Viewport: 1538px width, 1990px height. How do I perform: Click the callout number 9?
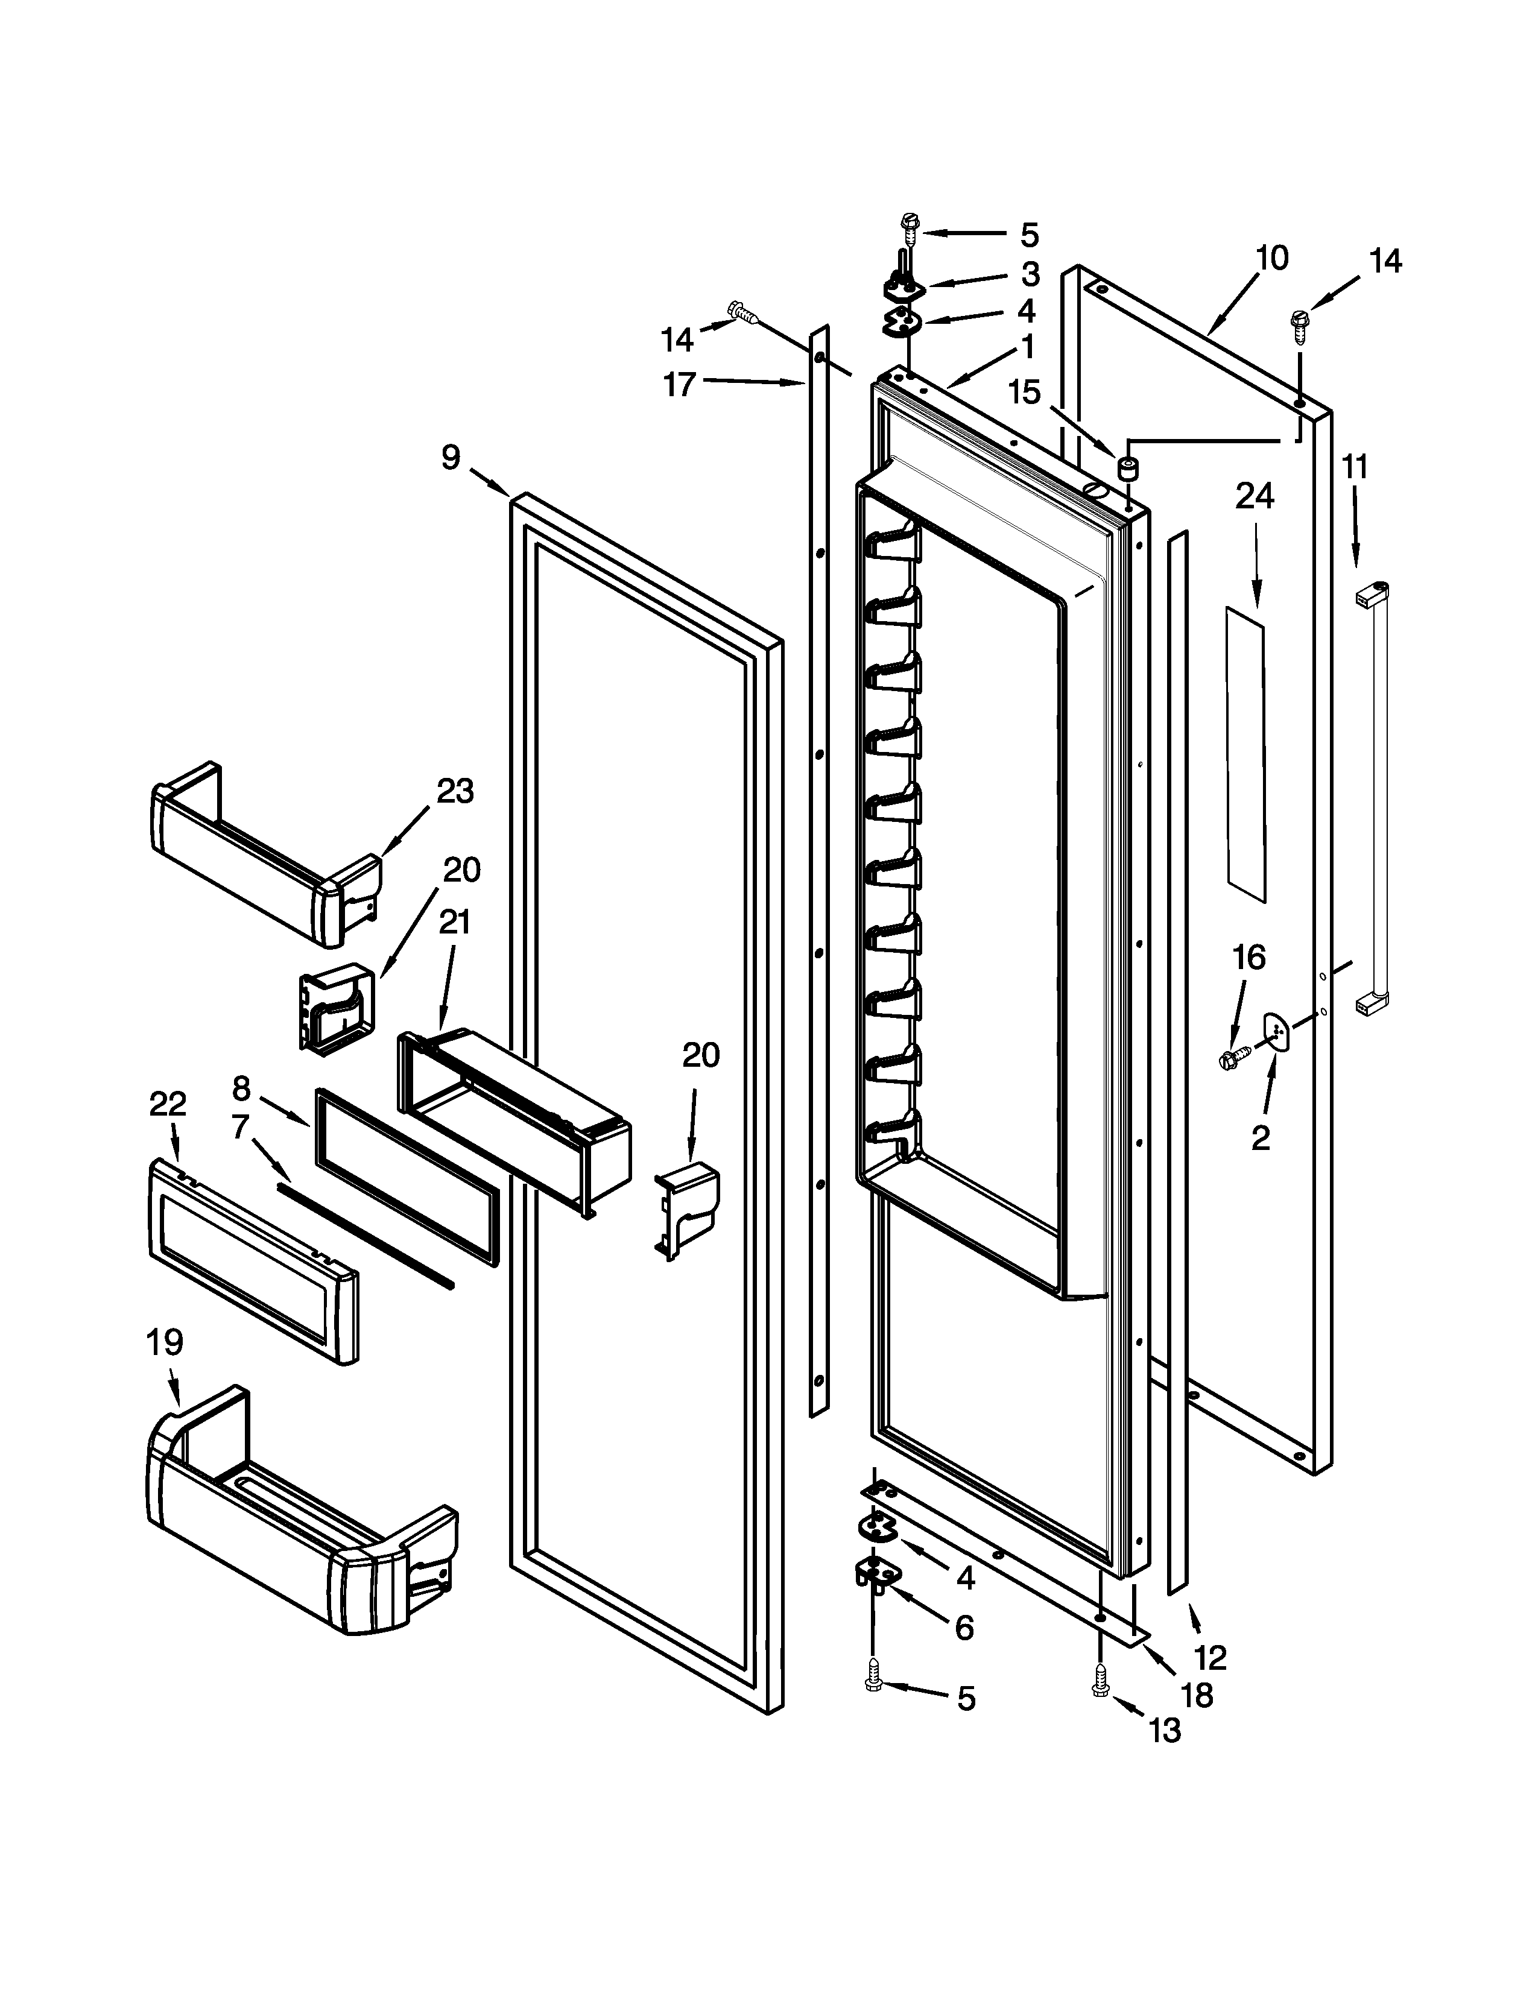[x=451, y=458]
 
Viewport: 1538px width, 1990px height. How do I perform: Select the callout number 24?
[x=1254, y=497]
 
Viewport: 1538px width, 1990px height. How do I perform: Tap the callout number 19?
[x=165, y=1342]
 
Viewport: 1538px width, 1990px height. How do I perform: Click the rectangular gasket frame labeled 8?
[x=407, y=1177]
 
